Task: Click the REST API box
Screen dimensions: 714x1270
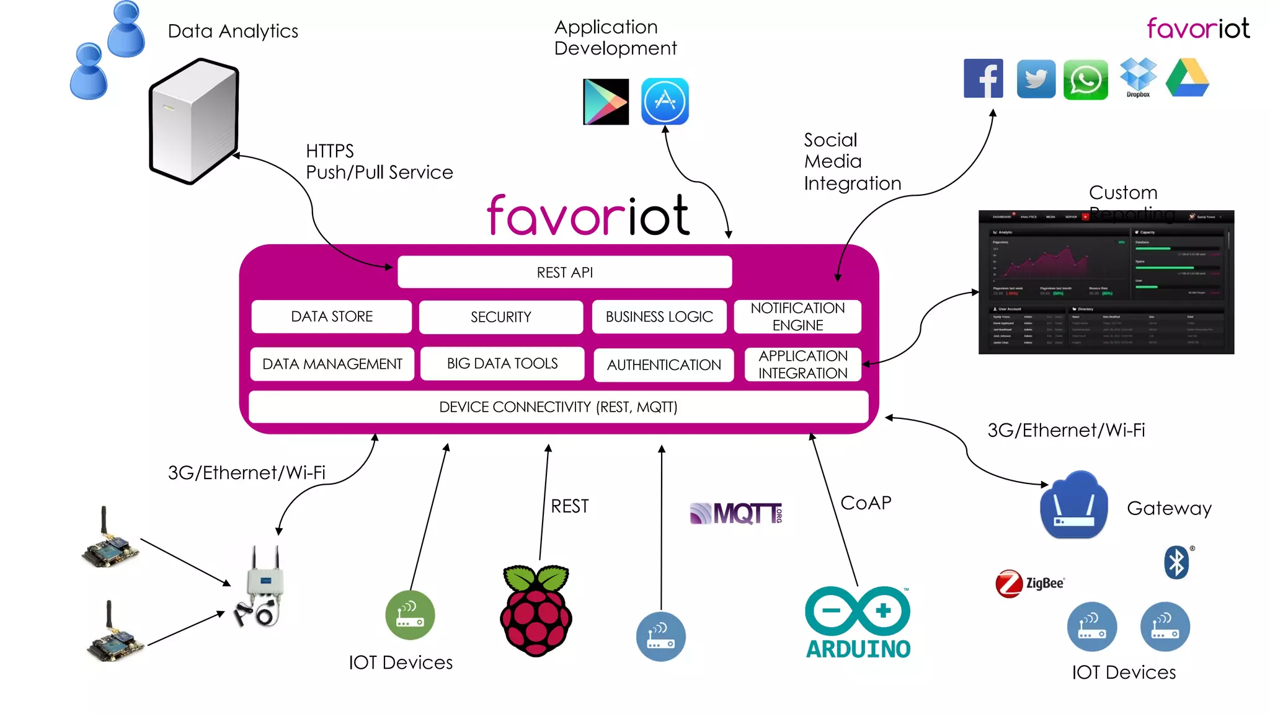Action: [x=564, y=272]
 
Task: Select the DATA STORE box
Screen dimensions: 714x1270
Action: [x=332, y=317]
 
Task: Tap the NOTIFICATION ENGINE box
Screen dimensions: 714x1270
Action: [x=797, y=317]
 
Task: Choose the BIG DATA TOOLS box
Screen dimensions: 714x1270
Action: [x=502, y=364]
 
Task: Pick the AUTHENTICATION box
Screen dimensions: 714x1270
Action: [x=664, y=365]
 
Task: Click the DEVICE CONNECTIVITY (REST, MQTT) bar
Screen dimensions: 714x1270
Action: [x=558, y=407]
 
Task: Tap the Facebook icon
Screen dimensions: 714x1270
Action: [x=983, y=79]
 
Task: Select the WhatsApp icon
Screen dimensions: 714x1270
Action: [x=1085, y=80]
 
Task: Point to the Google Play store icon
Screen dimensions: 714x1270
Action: [x=605, y=102]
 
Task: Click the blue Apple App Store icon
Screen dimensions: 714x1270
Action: [x=665, y=101]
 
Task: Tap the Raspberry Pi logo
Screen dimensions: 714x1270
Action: [x=536, y=610]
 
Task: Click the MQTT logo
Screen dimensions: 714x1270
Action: [x=736, y=514]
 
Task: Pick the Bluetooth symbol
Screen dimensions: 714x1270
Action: [x=1176, y=563]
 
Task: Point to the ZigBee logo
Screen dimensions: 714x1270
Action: [x=1029, y=583]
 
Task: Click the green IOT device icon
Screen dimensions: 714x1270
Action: [x=410, y=615]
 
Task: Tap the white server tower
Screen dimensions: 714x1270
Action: [x=194, y=121]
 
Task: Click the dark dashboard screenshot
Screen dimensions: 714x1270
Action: [x=1106, y=283]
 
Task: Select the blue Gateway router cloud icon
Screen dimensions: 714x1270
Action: [x=1074, y=506]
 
